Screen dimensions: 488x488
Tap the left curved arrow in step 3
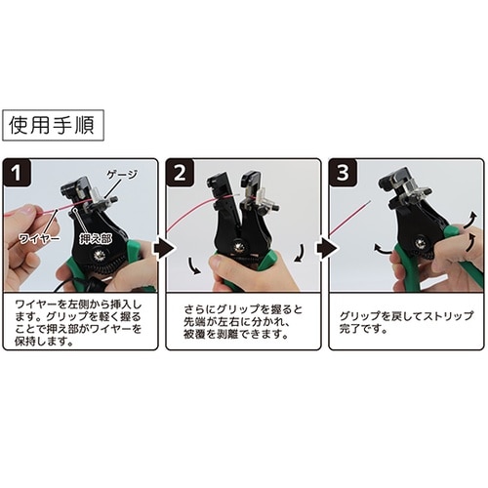pos(379,252)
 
